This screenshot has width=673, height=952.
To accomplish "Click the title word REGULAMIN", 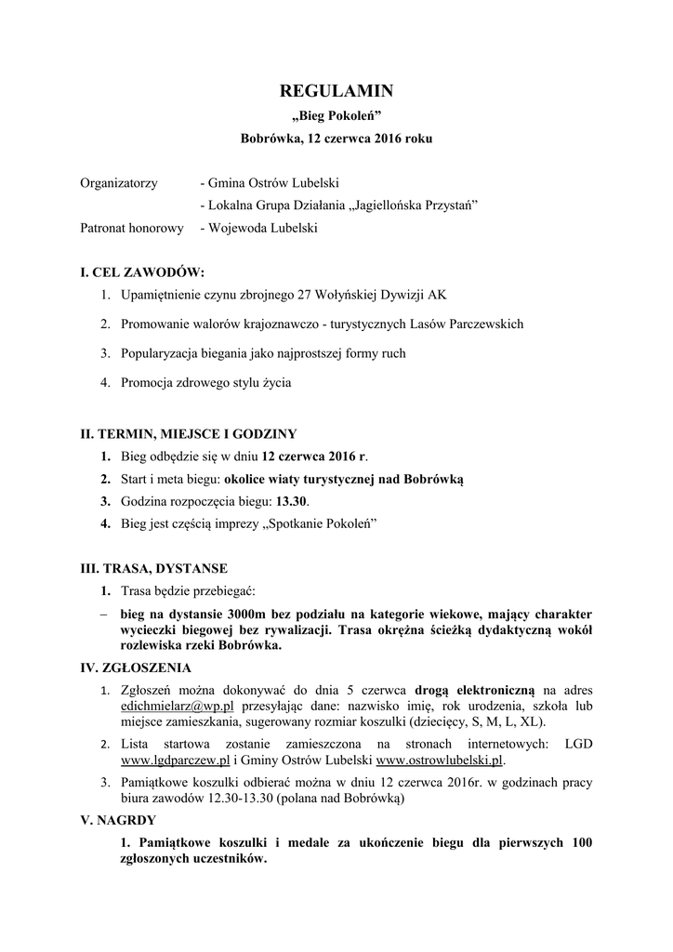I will [x=336, y=91].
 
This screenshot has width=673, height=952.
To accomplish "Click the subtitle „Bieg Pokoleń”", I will [x=336, y=116].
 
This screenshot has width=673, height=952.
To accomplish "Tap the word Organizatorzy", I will [x=119, y=183].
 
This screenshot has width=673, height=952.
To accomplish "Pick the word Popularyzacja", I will [x=164, y=353].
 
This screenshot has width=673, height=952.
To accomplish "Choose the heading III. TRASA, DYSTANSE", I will [x=154, y=568].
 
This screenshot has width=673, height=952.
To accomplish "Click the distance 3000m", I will [x=237, y=615].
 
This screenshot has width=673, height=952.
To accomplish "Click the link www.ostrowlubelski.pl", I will [x=440, y=760].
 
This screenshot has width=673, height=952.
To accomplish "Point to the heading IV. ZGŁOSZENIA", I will [x=137, y=668].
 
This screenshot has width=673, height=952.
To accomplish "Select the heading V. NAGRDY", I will [x=119, y=821].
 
